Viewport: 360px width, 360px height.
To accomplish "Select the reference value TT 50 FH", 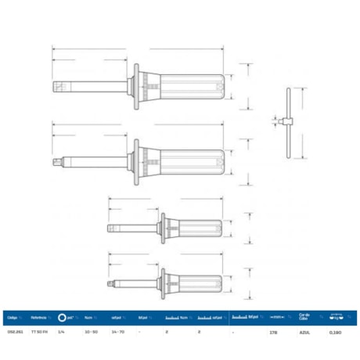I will click(x=39, y=332).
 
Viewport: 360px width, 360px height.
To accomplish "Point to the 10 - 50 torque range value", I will click(x=89, y=332).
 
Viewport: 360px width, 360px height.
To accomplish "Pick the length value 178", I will click(x=272, y=332).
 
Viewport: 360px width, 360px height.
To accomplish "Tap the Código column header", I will click(x=13, y=318).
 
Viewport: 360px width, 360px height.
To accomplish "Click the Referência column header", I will click(x=40, y=318).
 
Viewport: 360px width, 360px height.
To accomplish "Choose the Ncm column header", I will click(x=89, y=318).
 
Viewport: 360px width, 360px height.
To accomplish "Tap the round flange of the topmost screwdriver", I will click(x=138, y=86).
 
